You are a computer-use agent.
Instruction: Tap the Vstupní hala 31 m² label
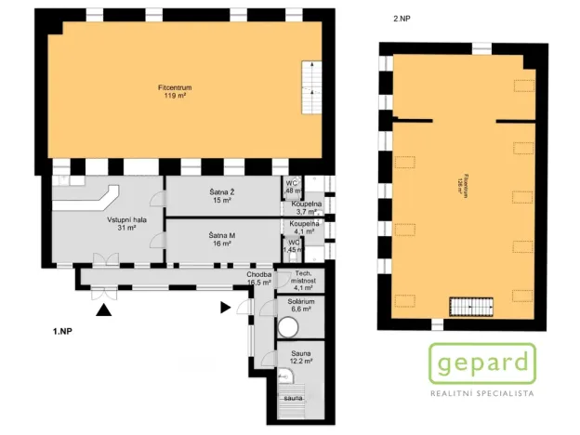coord(122,223)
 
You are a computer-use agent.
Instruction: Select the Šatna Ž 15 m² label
coord(220,195)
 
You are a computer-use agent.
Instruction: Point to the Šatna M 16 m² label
coord(220,240)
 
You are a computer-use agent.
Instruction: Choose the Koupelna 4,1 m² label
coord(305,228)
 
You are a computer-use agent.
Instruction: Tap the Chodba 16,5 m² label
coord(258,279)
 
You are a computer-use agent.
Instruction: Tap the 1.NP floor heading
coord(63,331)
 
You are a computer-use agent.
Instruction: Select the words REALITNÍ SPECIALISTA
coord(482,394)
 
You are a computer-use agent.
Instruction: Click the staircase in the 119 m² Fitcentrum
coord(311,79)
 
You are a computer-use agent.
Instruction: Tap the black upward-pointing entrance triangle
coord(108,310)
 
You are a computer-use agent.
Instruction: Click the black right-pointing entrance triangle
coord(226,307)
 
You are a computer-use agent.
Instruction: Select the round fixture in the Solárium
coord(288,327)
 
